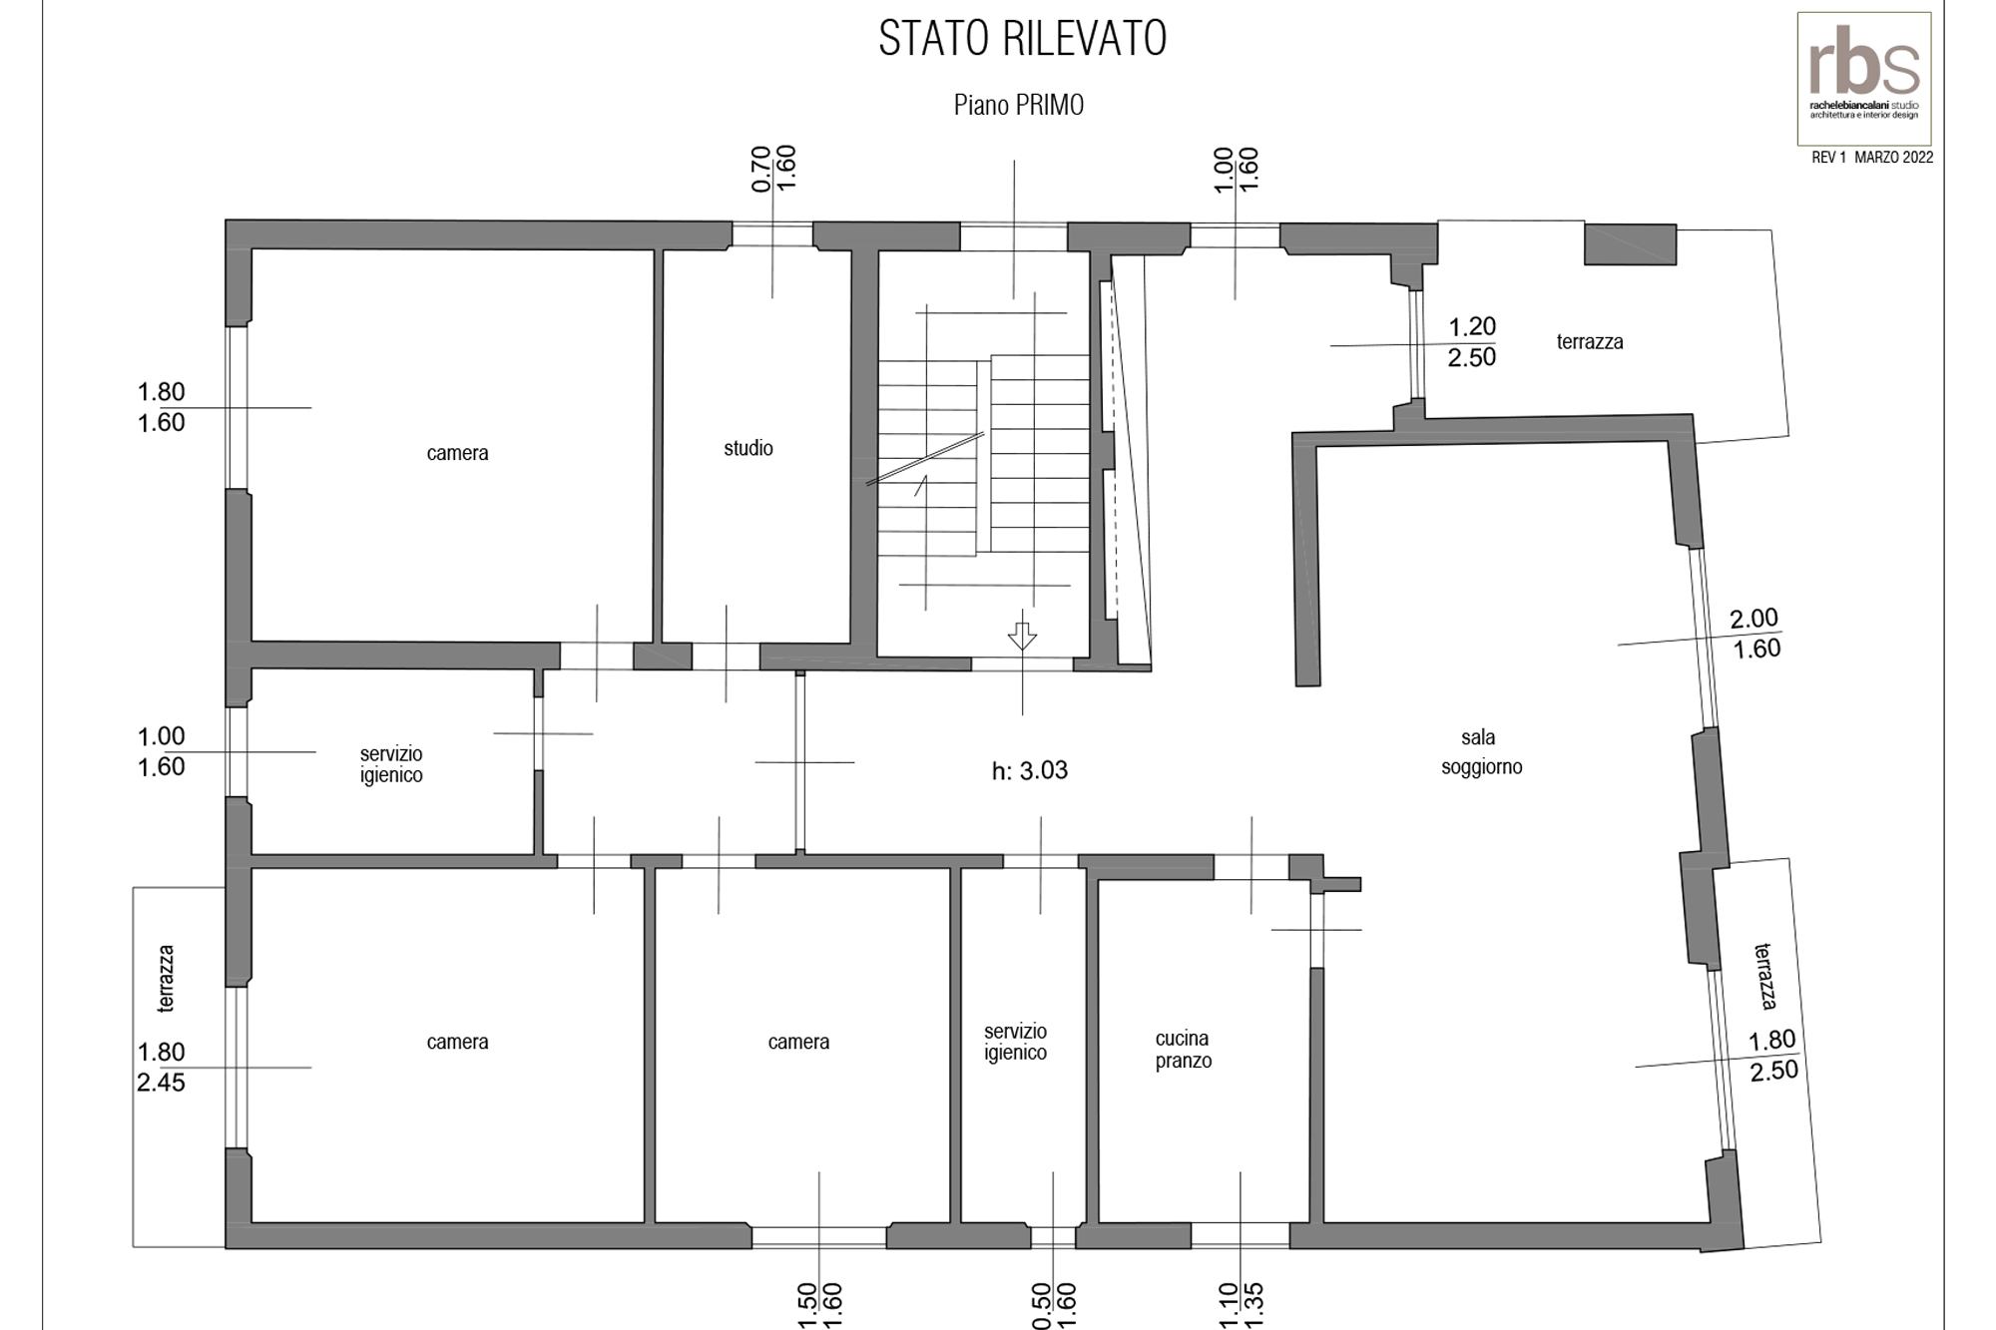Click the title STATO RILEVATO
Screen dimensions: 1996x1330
pyautogui.click(x=1023, y=39)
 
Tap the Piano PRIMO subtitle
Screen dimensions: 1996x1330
pyautogui.click(x=1019, y=105)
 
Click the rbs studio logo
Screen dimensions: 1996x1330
pyautogui.click(x=1864, y=79)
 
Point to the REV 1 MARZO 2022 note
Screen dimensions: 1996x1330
pyautogui.click(x=1872, y=158)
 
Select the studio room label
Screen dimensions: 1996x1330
pyautogui.click(x=748, y=448)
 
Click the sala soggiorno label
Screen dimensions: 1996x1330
pyautogui.click(x=1481, y=751)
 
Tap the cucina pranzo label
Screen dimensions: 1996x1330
pyautogui.click(x=1183, y=1050)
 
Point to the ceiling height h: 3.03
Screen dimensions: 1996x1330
pyautogui.click(x=1030, y=770)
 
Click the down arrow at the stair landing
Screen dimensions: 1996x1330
pyautogui.click(x=1022, y=636)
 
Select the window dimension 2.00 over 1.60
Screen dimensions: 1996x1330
pyautogui.click(x=1754, y=633)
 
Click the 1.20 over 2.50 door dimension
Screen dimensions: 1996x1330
pyautogui.click(x=1472, y=341)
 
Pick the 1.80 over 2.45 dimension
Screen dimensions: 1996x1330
pyautogui.click(x=161, y=1067)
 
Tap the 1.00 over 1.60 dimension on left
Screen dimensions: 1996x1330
pyautogui.click(x=161, y=751)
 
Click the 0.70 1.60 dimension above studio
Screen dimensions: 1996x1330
pyautogui.click(x=773, y=169)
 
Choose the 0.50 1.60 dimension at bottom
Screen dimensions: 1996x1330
pyautogui.click(x=1053, y=1305)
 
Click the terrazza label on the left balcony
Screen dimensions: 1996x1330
pyautogui.click(x=166, y=979)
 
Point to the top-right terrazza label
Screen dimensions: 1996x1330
pyautogui.click(x=1590, y=341)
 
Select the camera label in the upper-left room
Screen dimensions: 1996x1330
pyautogui.click(x=457, y=453)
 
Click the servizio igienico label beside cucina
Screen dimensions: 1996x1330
pyautogui.click(x=1015, y=1042)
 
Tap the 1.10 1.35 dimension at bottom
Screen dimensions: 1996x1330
pyautogui.click(x=1242, y=1305)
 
